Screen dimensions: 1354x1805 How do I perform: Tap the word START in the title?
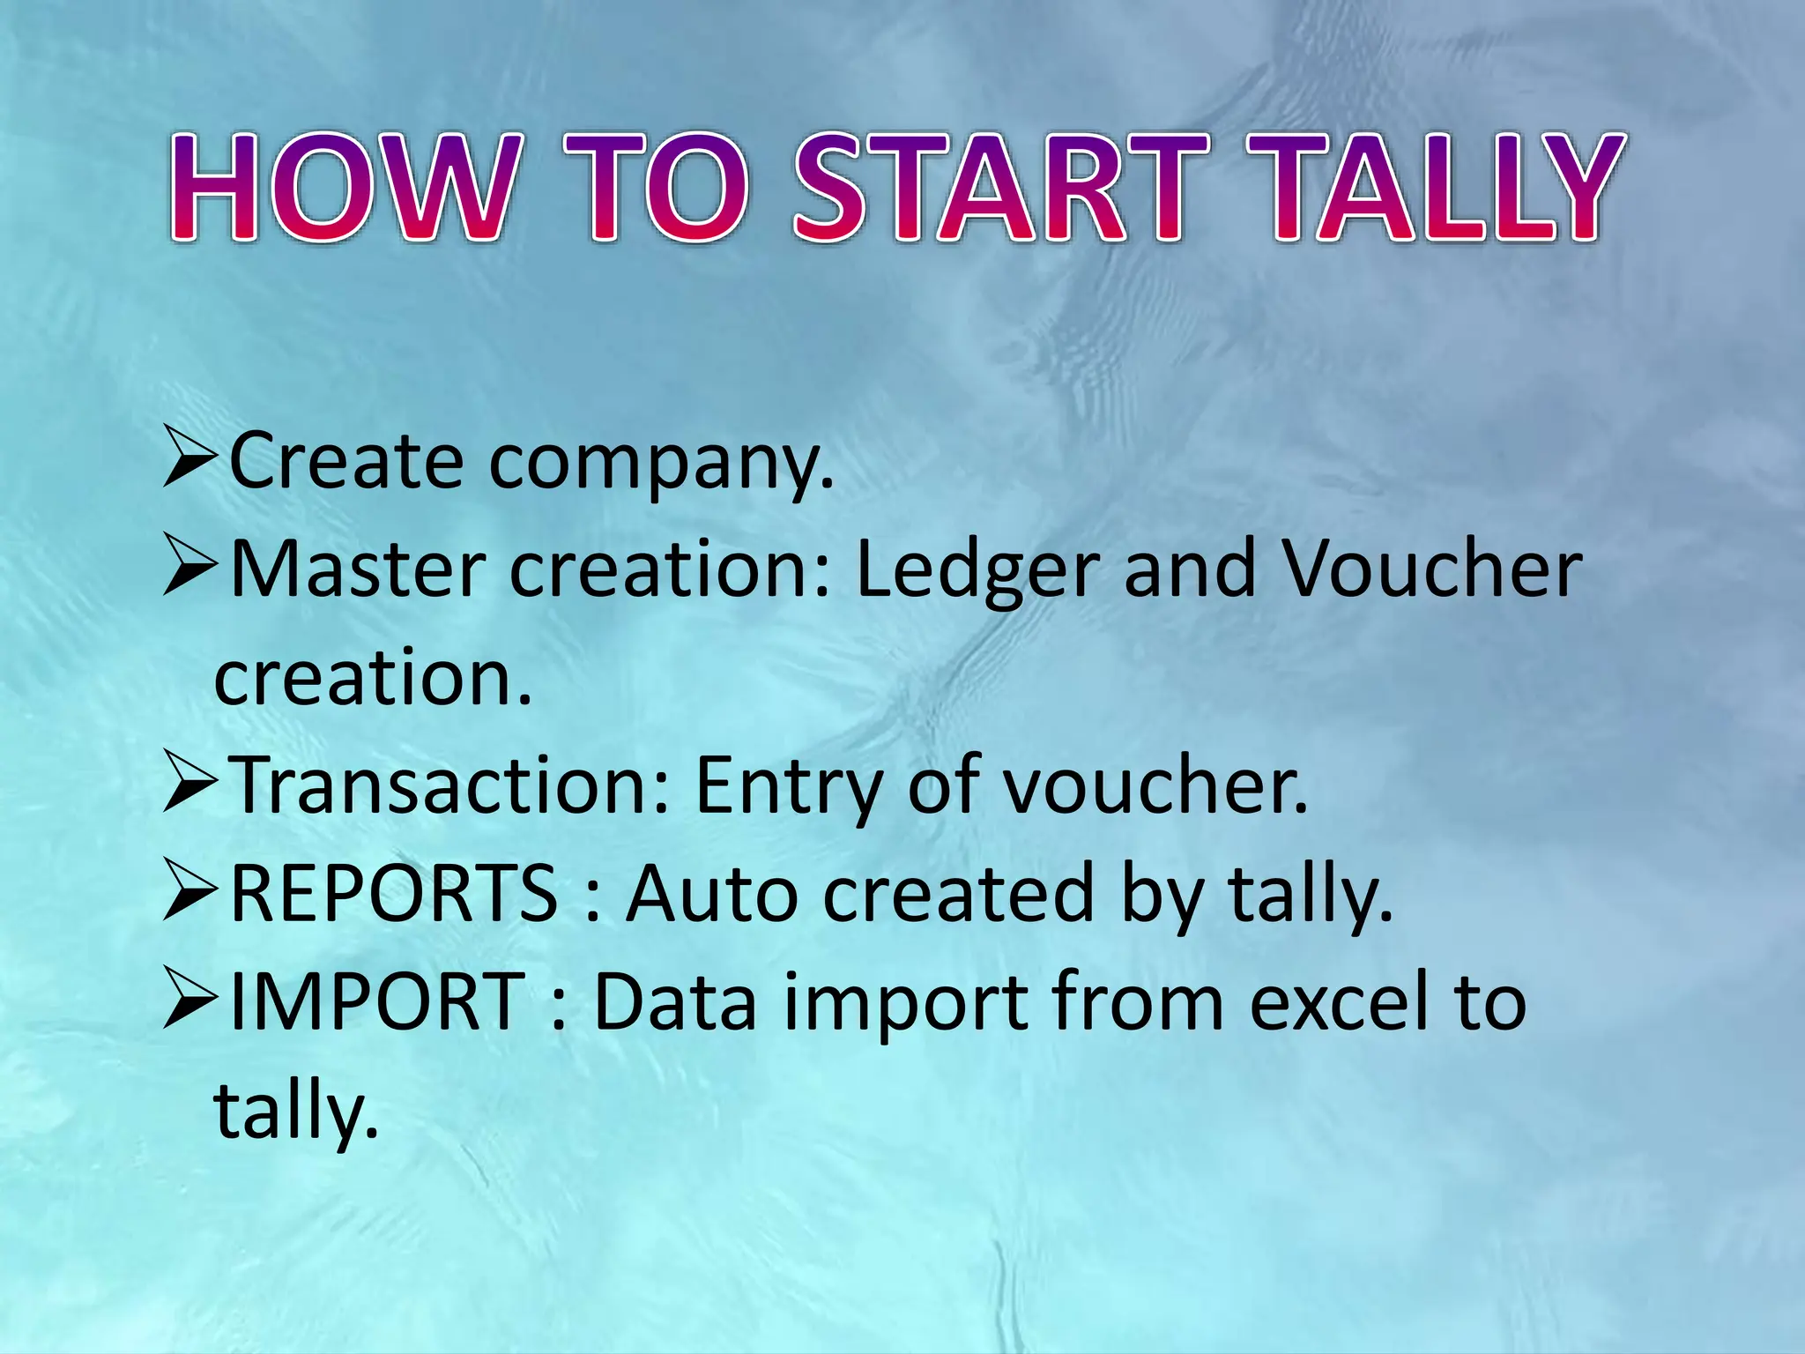click(x=1000, y=187)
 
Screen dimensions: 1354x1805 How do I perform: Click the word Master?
click(x=358, y=569)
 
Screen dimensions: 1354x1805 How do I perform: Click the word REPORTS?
click(x=393, y=894)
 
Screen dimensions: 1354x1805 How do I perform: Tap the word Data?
click(x=675, y=1001)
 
